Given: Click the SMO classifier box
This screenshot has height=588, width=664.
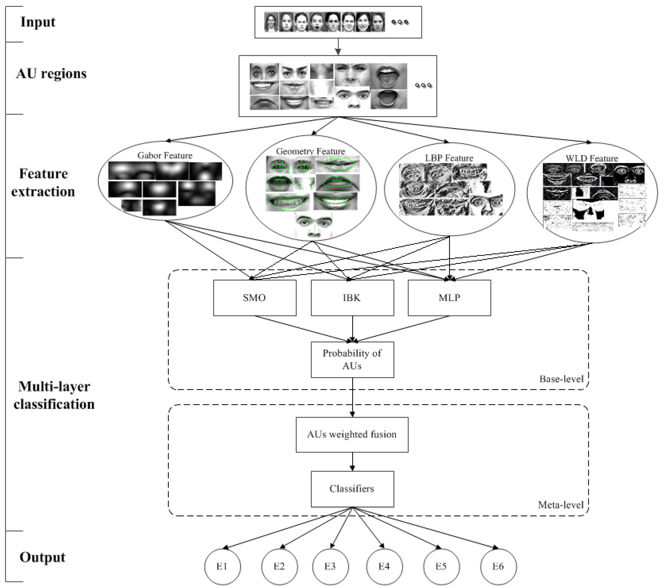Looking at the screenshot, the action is click(x=255, y=298).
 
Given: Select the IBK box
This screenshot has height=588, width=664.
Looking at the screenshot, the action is click(x=352, y=298).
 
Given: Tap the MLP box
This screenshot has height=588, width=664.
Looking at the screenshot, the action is click(x=449, y=298).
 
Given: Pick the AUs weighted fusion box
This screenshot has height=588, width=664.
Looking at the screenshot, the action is click(x=352, y=434).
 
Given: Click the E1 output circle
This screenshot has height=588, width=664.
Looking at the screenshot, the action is click(x=223, y=567).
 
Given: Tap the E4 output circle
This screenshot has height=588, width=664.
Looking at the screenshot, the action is click(x=385, y=567).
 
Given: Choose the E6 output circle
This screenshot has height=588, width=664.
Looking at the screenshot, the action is click(x=498, y=567).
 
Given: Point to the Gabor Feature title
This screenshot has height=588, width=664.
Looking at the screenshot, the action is click(x=165, y=155).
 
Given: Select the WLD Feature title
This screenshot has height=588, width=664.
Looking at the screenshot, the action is click(x=592, y=158).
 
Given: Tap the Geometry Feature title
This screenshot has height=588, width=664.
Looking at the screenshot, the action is click(x=311, y=151).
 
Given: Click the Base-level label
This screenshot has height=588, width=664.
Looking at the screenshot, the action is click(x=561, y=379).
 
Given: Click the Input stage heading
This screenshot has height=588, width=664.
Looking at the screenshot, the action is click(x=38, y=22).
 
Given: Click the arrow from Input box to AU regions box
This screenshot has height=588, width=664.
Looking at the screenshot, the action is click(x=338, y=47).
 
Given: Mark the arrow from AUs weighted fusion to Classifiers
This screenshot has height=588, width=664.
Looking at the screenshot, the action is click(x=352, y=462).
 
